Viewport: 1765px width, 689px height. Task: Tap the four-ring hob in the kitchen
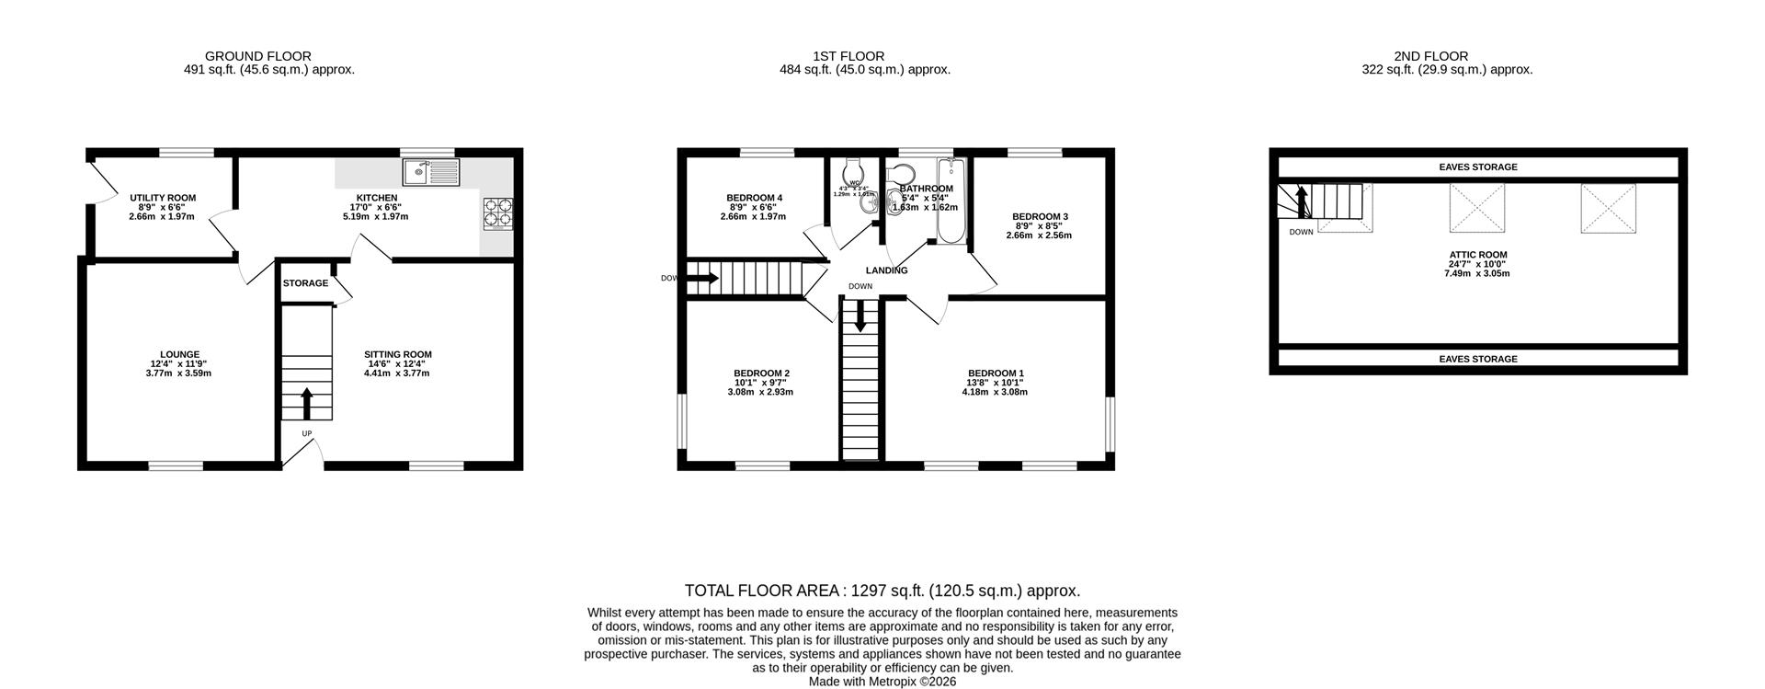[497, 212]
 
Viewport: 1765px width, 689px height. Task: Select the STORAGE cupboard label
[305, 283]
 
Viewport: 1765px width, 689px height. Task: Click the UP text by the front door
[306, 433]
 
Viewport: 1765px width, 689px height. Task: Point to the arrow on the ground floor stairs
[306, 403]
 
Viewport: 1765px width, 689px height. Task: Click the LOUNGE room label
[179, 354]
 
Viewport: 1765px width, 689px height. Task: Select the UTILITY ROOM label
[163, 198]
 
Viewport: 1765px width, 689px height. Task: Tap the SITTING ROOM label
[397, 354]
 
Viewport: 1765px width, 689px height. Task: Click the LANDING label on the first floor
[886, 270]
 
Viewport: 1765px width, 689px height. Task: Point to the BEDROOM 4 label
[754, 198]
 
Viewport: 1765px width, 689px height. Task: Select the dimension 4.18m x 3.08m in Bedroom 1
[995, 392]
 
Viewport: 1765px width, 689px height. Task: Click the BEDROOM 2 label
[760, 373]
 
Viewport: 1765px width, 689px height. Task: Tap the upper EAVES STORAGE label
[1477, 167]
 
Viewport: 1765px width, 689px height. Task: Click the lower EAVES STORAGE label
[1477, 359]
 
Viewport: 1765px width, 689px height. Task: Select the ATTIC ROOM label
[1477, 255]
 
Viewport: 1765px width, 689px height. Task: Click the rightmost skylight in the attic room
[1608, 208]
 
